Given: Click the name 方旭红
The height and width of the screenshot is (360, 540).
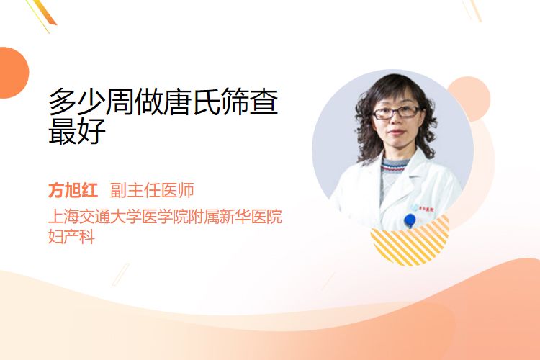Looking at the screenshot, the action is tap(73, 190).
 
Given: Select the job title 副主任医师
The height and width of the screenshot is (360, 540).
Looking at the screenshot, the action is tap(152, 190).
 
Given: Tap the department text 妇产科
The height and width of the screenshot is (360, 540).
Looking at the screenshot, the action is tap(71, 237).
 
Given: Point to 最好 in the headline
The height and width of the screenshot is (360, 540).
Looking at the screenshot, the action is tap(77, 131).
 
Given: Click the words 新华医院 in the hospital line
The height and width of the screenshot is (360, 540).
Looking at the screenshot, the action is tap(251, 216).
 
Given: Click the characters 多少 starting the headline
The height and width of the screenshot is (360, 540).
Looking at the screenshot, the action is tap(77, 102).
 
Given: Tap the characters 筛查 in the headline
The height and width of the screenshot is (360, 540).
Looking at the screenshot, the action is tap(249, 102).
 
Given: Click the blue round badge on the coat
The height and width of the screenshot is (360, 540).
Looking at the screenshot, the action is tap(410, 220).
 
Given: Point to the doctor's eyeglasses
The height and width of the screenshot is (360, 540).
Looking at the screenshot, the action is tap(396, 112).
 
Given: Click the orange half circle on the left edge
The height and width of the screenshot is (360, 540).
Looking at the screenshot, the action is tap(13, 73).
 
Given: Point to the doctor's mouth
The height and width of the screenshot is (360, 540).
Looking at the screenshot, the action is tap(396, 132).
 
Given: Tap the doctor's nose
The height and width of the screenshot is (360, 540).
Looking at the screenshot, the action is tap(396, 120).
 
